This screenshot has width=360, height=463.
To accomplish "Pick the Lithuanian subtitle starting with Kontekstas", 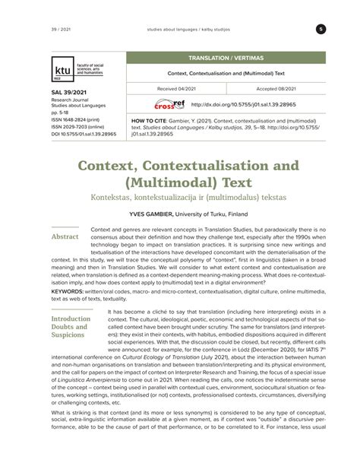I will point(180,196).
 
